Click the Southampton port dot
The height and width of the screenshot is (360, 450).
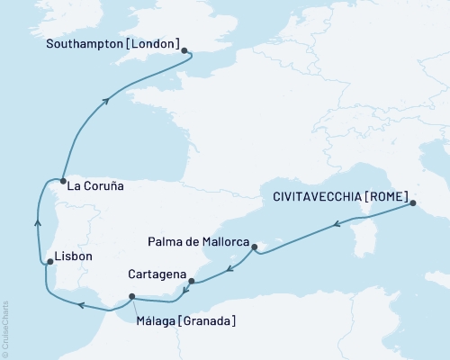coord(184,51)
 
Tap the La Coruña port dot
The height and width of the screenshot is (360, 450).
coord(61,181)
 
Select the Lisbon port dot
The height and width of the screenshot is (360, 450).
coord(48,262)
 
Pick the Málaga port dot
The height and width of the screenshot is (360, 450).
coord(132,297)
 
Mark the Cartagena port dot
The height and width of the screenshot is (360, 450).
coord(192,281)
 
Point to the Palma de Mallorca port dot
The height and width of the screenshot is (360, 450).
coord(255,246)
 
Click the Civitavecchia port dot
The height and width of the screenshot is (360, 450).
coord(413,203)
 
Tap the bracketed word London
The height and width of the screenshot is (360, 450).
coord(158,42)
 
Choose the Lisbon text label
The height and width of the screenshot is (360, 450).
coord(74,256)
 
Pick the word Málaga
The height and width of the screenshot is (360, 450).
coord(155,320)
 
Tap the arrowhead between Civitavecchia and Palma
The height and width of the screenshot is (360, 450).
coord(336,224)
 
